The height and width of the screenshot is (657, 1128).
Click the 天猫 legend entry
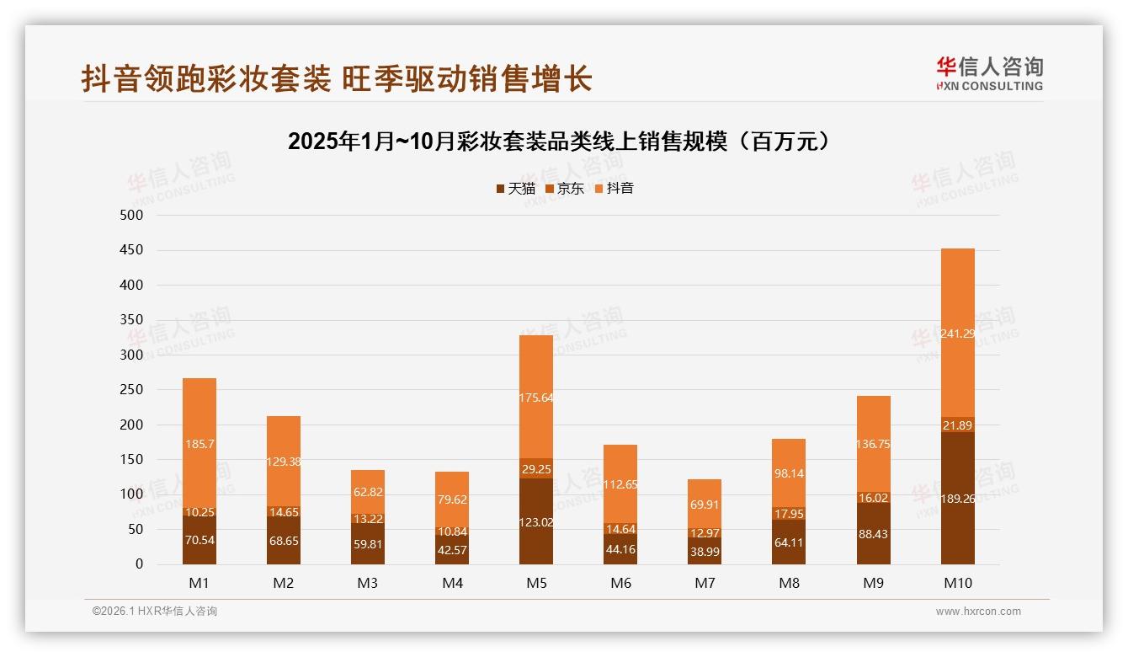coord(515,189)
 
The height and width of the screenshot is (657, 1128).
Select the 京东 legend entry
coord(564,189)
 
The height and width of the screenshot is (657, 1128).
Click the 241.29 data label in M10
coord(957,334)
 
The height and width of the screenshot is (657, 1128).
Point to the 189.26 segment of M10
coord(957,499)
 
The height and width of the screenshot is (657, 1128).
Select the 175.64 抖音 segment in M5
coord(536,398)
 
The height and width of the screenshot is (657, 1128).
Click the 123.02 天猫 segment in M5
coord(536,522)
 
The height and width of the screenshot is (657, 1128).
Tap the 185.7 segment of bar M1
coord(200,443)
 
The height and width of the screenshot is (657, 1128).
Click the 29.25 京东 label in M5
coord(536,469)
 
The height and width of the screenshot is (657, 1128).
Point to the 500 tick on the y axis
coord(133,216)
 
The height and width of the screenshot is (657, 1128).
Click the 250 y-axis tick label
coord(133,390)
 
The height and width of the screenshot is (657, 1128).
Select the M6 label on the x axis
coord(620,584)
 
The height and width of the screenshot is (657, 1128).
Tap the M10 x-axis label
coord(957,584)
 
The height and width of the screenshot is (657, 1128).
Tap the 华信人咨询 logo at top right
coord(989,73)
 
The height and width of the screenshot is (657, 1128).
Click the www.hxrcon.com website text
coord(978,612)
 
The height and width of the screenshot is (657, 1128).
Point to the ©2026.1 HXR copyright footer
coord(155,612)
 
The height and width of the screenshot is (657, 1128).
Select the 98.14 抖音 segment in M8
coord(789,473)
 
